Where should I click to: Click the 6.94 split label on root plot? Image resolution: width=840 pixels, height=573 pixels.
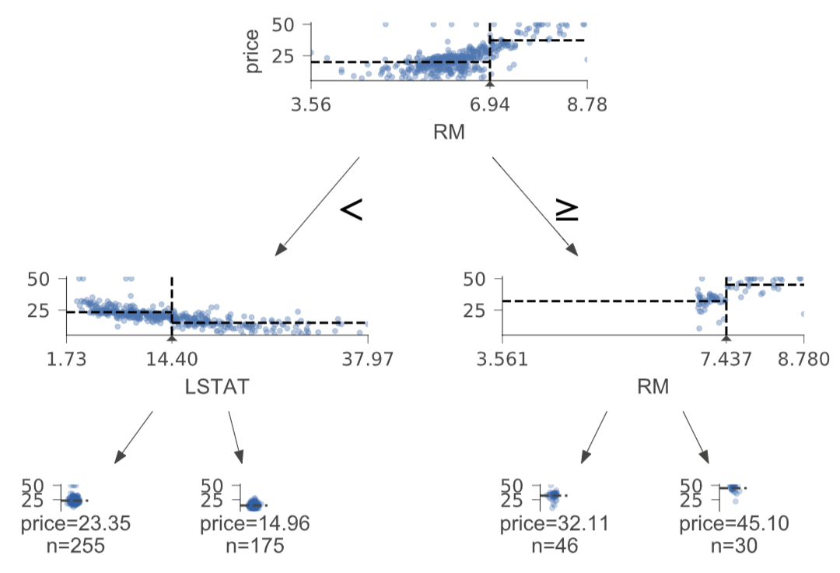tap(489, 104)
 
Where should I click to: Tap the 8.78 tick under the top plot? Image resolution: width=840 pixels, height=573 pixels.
tap(586, 104)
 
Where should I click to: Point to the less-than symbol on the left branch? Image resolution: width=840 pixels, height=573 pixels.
tap(352, 209)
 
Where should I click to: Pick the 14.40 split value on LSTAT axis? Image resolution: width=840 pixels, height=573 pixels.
tap(171, 359)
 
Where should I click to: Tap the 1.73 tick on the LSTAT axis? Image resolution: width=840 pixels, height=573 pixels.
tap(66, 359)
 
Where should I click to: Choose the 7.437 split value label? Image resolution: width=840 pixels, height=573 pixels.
tap(726, 359)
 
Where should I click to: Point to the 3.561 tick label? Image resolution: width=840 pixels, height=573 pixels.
tap(502, 359)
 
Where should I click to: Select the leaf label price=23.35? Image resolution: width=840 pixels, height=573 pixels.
tap(75, 524)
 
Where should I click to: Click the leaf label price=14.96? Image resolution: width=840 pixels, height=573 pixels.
tap(255, 524)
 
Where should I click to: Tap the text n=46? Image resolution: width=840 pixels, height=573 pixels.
tap(555, 546)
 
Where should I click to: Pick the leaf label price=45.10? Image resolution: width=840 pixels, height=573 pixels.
tap(734, 524)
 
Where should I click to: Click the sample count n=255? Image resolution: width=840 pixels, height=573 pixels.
tap(75, 546)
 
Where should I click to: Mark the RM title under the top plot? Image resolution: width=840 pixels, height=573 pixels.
tap(449, 132)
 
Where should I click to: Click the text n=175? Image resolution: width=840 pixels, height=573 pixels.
tap(255, 546)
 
